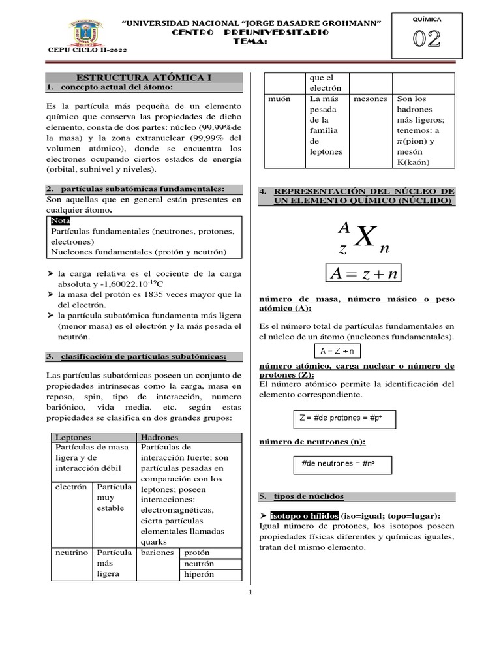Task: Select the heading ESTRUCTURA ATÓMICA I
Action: pyautogui.click(x=144, y=78)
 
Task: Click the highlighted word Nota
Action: pyautogui.click(x=61, y=220)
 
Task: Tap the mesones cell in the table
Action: pyautogui.click(x=370, y=99)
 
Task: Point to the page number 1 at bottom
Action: pyautogui.click(x=250, y=592)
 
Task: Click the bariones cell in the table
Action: pyautogui.click(x=157, y=553)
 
